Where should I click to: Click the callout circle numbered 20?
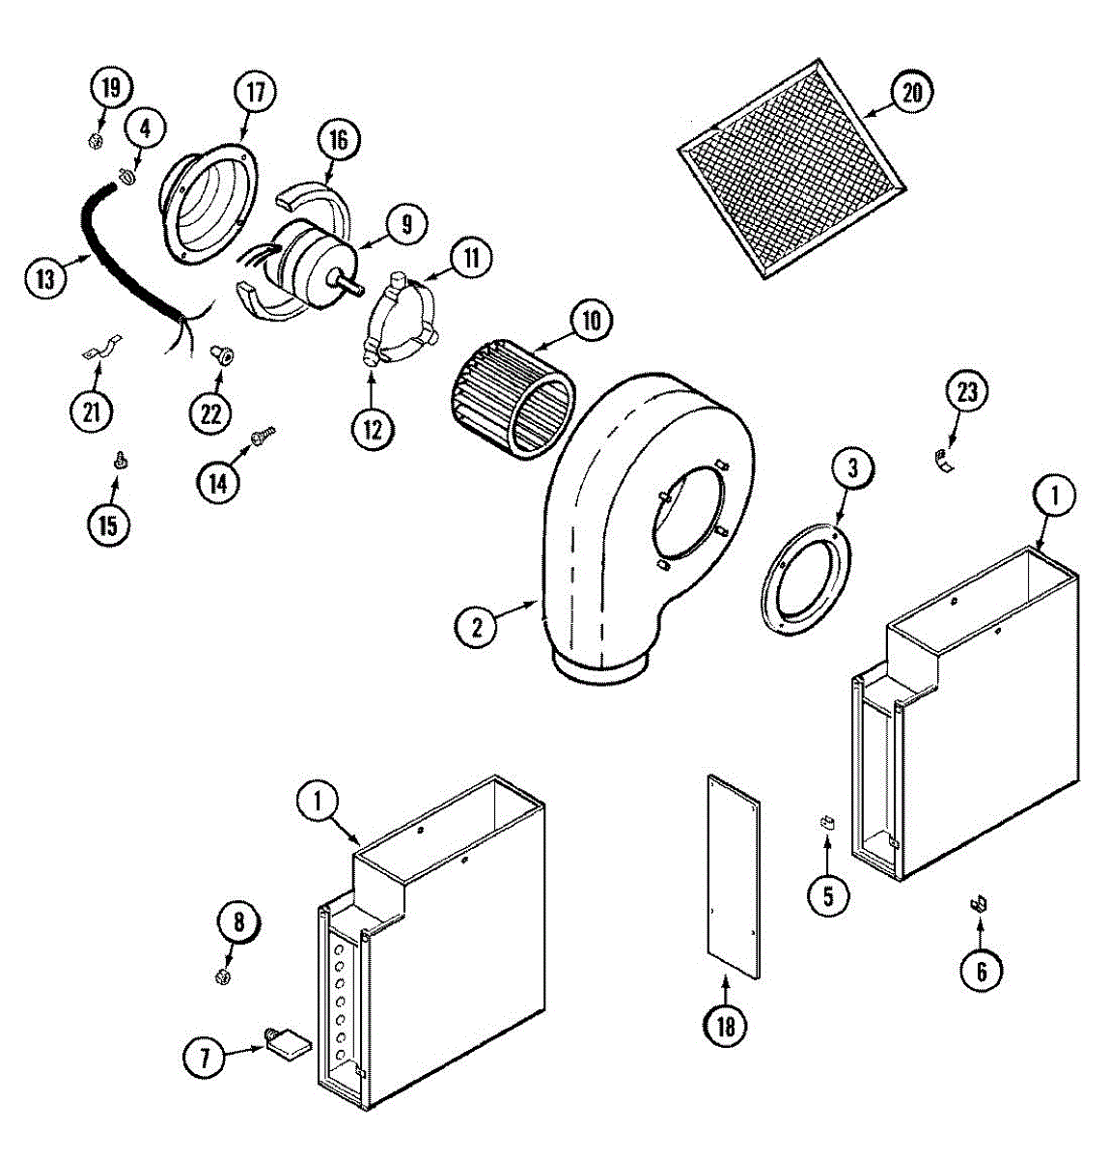(912, 93)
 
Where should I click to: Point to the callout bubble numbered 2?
(477, 627)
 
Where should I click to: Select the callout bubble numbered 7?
(205, 1058)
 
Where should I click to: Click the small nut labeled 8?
(223, 975)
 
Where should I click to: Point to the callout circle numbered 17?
(254, 93)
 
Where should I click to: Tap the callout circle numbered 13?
(45, 280)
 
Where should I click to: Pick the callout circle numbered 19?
(111, 89)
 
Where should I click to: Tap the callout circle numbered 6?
(982, 970)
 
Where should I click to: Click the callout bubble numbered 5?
(828, 895)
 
